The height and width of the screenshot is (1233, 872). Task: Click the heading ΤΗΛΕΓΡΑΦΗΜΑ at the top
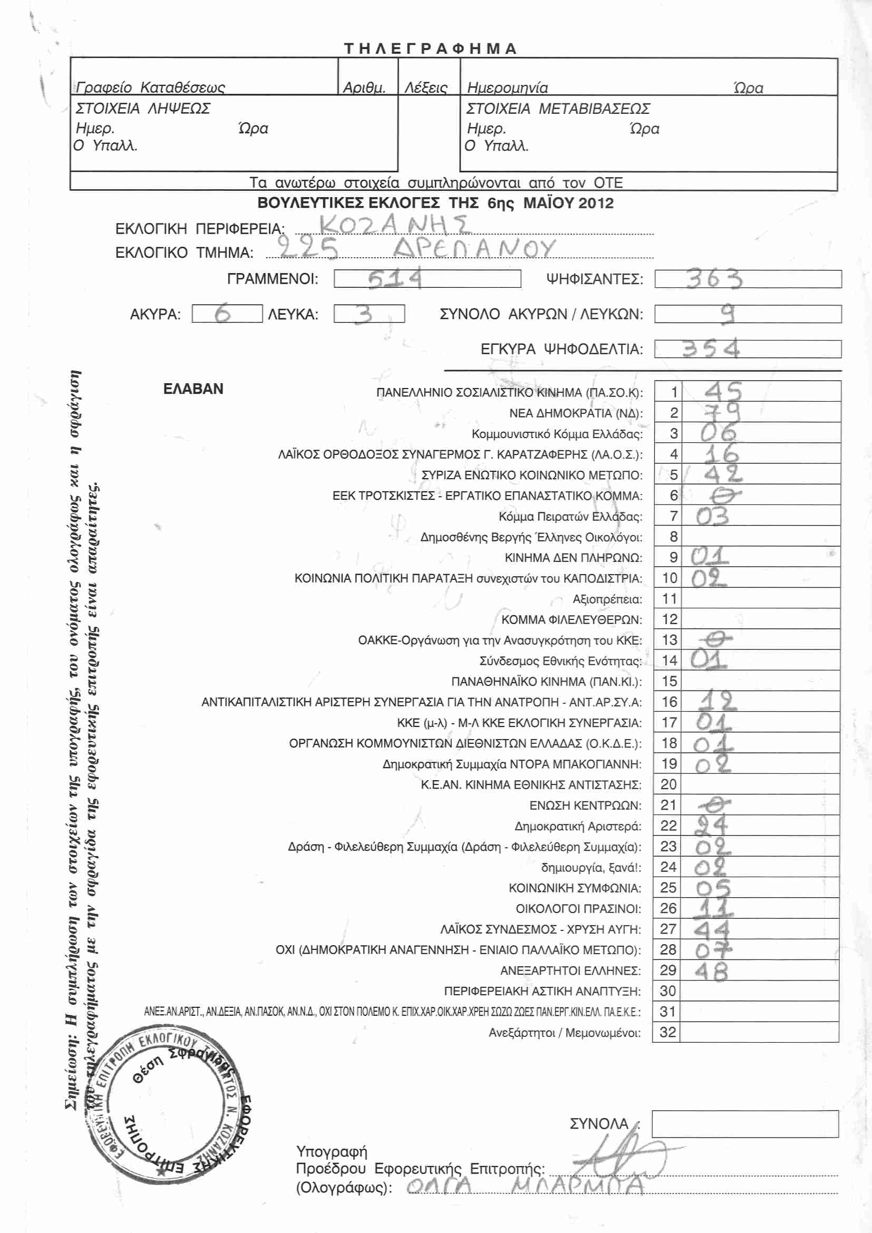click(430, 49)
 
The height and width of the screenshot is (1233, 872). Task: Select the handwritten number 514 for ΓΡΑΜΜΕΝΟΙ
click(395, 279)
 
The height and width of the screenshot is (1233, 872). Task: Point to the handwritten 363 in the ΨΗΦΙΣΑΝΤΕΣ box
click(714, 279)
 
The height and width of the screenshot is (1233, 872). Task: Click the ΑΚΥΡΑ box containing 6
click(227, 314)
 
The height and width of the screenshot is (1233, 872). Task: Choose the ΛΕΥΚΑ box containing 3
click(369, 314)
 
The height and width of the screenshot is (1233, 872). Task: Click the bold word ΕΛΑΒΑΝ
click(193, 389)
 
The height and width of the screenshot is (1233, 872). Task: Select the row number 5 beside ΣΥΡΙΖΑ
click(673, 475)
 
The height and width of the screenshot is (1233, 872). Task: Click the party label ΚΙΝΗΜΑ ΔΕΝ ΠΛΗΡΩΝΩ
click(573, 558)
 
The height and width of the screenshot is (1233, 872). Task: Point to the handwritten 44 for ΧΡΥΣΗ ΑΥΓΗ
click(711, 929)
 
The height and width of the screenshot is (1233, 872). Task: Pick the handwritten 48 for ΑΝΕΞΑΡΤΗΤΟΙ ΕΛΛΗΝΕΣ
click(711, 971)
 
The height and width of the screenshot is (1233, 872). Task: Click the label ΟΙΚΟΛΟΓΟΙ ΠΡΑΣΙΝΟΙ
click(578, 909)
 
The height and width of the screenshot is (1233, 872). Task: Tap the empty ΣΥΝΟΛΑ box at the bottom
click(745, 1124)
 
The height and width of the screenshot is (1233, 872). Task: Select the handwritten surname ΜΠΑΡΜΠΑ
click(577, 1185)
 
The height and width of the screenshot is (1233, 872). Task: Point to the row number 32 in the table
click(667, 1032)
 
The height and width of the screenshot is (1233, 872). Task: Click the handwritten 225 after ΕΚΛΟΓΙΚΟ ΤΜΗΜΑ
click(308, 248)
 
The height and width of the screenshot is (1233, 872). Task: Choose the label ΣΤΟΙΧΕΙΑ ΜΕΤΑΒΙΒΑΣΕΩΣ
click(558, 109)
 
